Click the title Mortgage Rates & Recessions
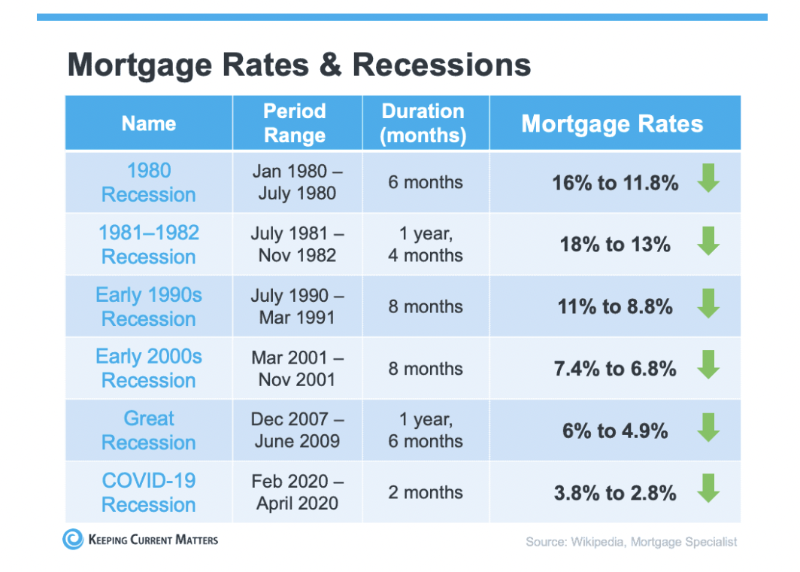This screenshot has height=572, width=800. click(299, 65)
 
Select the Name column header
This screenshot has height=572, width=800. click(148, 123)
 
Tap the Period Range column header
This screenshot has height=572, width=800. click(295, 123)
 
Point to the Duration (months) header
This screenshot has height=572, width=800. click(423, 123)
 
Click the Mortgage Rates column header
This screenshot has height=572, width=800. click(612, 123)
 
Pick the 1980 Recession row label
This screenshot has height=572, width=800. click(148, 182)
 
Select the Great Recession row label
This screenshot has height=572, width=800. click(148, 431)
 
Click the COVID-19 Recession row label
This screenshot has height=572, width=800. click(148, 492)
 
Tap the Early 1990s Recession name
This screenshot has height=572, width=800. click(148, 306)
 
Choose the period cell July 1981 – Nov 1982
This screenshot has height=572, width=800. click(298, 244)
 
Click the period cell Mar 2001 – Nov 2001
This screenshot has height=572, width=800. click(298, 368)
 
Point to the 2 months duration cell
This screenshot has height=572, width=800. click(426, 492)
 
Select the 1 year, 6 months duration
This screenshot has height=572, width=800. click(426, 430)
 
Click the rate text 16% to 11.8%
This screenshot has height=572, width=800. click(615, 182)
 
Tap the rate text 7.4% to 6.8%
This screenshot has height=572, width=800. click(615, 368)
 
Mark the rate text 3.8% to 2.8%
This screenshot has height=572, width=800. click(615, 493)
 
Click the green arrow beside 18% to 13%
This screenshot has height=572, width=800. click(709, 241)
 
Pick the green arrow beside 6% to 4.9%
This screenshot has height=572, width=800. click(709, 427)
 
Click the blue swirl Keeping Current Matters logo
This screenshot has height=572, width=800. click(73, 539)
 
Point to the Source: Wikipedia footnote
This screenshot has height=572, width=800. click(631, 542)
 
